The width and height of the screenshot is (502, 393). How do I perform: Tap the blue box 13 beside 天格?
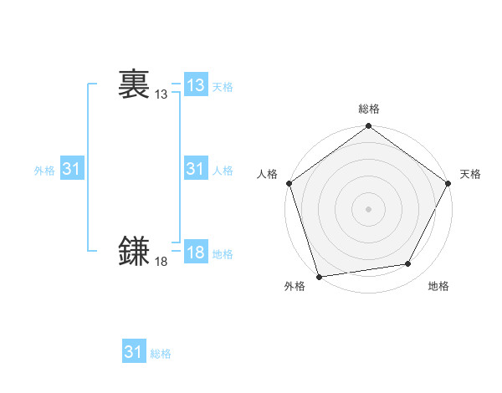coord(196,85)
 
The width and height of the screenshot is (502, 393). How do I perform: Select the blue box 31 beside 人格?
coord(196,169)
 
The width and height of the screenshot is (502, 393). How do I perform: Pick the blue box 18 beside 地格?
coord(196,253)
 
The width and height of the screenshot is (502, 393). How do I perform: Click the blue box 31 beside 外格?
coord(72,169)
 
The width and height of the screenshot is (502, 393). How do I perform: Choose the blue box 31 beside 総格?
coord(134,352)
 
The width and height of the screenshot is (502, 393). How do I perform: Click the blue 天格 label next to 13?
coord(223,87)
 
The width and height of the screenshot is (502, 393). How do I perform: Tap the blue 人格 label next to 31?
coord(223,171)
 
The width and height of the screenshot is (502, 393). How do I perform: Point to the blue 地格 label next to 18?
coord(223,254)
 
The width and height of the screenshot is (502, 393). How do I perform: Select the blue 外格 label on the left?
coord(44,171)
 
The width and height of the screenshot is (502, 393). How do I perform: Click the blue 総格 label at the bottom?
coord(161,354)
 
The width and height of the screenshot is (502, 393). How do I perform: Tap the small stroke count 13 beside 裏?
coord(161,95)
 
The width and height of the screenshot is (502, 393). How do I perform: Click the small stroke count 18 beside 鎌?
coord(161,263)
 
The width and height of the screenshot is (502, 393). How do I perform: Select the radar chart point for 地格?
coord(408,264)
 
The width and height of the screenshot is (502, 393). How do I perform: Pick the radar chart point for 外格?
coord(319,276)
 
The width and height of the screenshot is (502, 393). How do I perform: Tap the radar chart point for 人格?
coord(289,183)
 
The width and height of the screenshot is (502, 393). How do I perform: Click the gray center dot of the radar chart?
coord(368,208)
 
